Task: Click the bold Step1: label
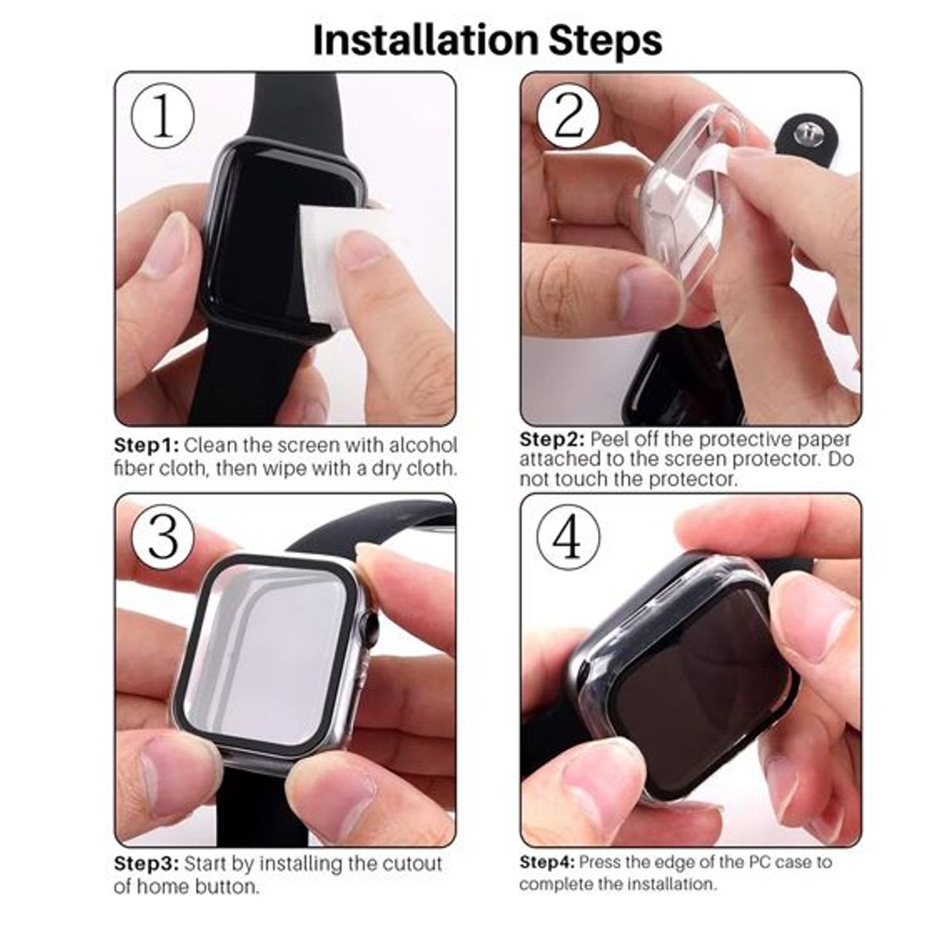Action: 147,445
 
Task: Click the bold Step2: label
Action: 552,440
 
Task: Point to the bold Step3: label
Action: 147,863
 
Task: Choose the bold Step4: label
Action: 547,862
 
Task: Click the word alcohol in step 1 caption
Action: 423,445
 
